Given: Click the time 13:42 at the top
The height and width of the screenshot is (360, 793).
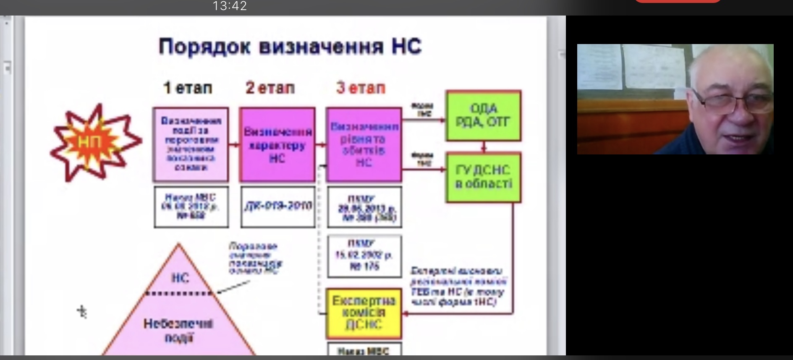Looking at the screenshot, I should point(230,6).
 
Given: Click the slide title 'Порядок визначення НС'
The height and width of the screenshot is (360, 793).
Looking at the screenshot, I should point(290,46).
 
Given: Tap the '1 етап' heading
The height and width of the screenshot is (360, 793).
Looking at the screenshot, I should point(188,88).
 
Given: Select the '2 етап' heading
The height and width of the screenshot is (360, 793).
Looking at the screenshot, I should point(270,88).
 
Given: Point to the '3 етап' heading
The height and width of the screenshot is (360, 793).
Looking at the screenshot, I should point(361,88).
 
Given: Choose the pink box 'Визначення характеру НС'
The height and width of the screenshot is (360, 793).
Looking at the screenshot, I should point(277,144).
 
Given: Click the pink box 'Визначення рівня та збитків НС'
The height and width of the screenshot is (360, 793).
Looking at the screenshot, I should point(364,144).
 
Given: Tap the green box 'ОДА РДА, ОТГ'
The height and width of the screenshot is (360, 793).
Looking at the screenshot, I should point(483,115).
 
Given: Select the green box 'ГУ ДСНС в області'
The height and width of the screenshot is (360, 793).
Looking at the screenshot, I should point(483,177).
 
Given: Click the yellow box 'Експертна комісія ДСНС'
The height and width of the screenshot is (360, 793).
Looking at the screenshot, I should point(364,313).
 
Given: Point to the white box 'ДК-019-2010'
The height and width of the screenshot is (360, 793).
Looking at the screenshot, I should point(278,206).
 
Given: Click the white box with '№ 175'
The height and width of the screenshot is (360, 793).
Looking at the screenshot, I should point(364,256).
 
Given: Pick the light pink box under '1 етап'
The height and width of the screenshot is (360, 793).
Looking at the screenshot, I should point(191,144).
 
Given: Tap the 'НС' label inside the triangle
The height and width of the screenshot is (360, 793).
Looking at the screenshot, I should point(180,278).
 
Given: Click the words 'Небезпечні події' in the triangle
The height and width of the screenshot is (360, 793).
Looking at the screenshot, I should point(178,330).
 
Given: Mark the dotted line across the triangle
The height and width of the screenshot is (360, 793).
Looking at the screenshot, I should point(179,293).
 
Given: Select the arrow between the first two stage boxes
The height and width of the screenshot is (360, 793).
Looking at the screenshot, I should point(234,145).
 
